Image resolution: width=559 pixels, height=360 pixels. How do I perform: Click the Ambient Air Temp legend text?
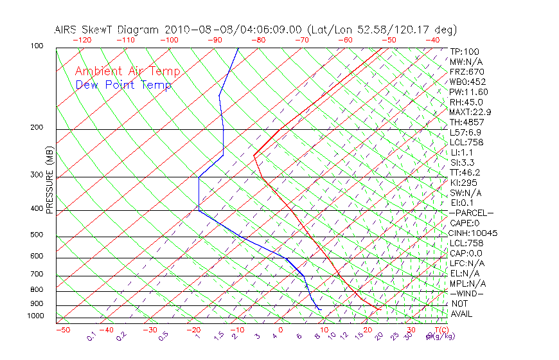(x=127, y=71)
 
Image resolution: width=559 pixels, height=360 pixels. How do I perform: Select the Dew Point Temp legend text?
(x=123, y=85)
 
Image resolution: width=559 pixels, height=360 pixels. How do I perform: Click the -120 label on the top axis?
(x=82, y=40)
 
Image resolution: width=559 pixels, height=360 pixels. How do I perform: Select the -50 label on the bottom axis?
(x=62, y=330)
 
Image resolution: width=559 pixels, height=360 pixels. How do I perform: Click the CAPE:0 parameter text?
(x=465, y=223)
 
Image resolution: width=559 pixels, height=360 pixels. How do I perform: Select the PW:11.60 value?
(x=469, y=92)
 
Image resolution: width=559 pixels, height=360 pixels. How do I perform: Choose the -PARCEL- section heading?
(x=471, y=213)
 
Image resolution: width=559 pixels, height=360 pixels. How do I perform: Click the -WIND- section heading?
(x=467, y=293)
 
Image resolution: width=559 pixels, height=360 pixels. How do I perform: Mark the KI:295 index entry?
(x=464, y=183)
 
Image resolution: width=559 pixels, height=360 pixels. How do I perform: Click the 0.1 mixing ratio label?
(x=91, y=336)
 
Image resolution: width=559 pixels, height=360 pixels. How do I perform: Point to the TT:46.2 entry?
(x=466, y=172)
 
